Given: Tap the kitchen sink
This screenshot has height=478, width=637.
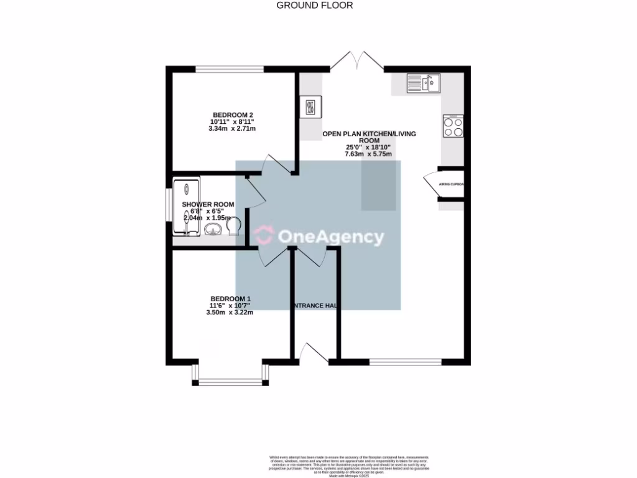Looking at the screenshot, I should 424,83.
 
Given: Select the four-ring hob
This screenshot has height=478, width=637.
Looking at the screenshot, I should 453,127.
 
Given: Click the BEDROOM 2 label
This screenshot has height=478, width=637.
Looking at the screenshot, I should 233,115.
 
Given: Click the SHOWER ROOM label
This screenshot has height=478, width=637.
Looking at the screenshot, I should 208,204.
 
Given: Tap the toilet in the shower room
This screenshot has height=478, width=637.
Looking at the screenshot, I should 233,229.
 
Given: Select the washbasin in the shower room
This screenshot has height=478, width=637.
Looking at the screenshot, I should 212,230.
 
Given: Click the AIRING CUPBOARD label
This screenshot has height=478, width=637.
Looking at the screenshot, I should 452,185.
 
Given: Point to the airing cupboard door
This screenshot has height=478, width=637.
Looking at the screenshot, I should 430,185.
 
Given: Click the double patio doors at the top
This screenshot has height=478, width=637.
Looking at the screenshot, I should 356,61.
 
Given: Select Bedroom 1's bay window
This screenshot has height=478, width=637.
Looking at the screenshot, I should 230,378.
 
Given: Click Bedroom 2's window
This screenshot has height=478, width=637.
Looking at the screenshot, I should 230,68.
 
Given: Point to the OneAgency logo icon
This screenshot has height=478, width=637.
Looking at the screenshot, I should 263,235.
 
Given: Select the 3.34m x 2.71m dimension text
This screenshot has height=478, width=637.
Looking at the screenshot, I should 232,129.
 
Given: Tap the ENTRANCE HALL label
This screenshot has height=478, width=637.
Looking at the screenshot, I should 315,306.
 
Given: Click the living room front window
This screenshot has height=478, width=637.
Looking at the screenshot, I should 405,360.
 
